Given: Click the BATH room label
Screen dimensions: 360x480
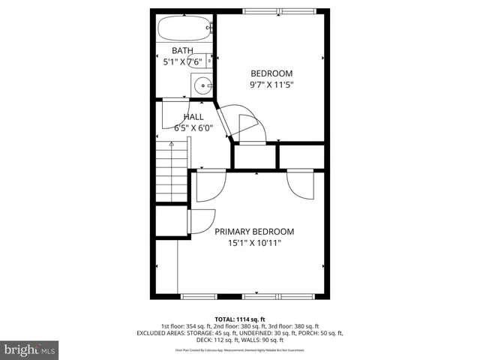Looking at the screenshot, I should point(182,51).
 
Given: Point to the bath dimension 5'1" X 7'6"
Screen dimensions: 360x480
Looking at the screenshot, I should point(183,62).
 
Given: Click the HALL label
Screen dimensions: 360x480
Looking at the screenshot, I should point(193,117).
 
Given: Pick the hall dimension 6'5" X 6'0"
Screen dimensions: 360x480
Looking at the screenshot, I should point(193,127).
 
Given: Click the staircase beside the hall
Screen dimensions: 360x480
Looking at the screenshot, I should point(171,174).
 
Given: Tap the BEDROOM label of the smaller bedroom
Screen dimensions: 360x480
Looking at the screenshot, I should point(271,73).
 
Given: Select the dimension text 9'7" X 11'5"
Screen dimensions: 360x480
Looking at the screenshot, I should point(271,85).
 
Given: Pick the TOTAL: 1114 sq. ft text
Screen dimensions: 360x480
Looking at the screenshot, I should point(240,319).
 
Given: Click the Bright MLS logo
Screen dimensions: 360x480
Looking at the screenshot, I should point(30,349).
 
